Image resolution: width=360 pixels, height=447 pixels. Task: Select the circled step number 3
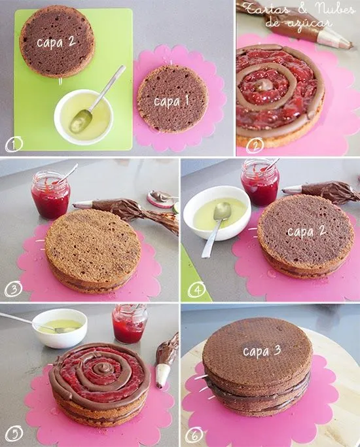(x=11, y=289)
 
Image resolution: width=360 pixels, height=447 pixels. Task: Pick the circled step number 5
(x=11, y=434)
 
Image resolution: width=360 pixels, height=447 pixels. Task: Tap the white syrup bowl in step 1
(x=84, y=116)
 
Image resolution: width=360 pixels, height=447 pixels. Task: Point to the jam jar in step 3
(x=50, y=194)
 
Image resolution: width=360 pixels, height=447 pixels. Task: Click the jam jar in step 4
(x=259, y=182)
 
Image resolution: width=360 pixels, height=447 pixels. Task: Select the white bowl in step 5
(x=60, y=327)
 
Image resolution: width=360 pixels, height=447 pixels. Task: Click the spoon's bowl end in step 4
(x=221, y=210)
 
